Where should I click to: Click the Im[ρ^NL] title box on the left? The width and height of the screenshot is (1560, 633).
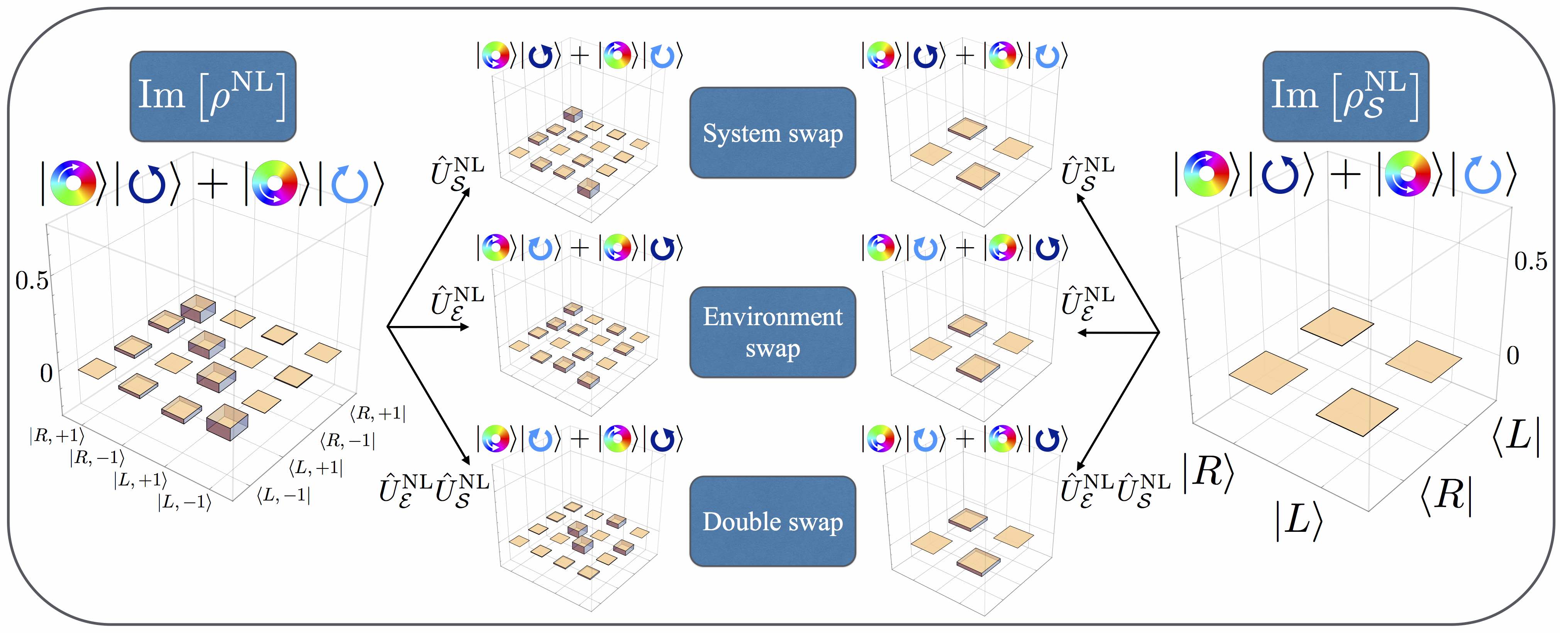tap(213, 96)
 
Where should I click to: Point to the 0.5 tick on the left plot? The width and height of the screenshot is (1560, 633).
tap(32, 280)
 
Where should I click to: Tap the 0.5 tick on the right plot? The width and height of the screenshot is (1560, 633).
tap(1530, 261)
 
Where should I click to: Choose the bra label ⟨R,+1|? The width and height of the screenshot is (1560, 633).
tap(377, 414)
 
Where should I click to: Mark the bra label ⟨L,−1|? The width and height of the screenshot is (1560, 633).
tap(283, 496)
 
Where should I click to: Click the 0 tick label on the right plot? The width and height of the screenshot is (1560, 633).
tap(1512, 356)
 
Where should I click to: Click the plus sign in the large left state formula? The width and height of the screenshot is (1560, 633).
tap(213, 183)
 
